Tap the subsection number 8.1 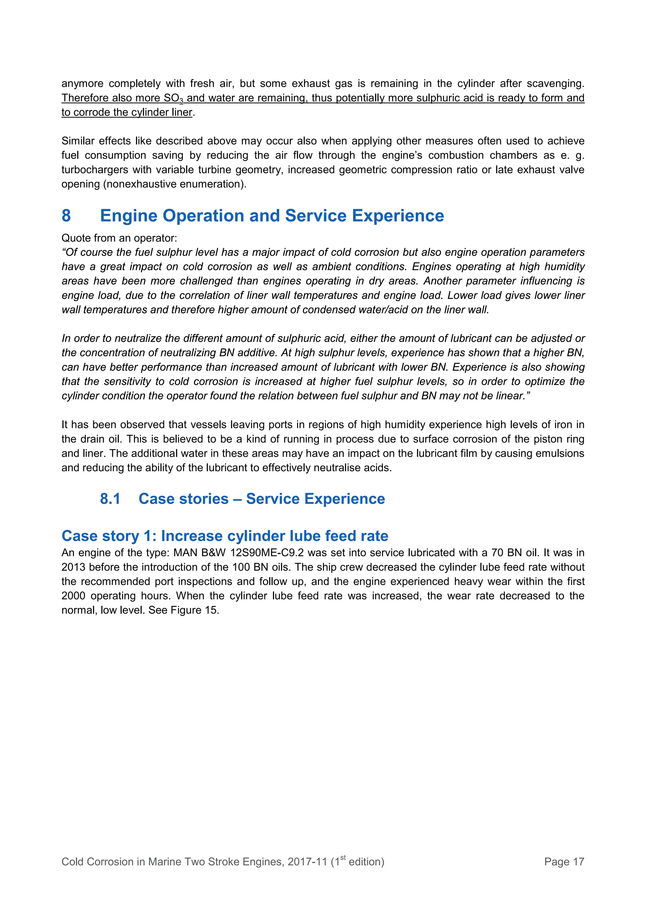(110, 499)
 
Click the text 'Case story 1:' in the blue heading (109, 536)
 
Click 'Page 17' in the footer (564, 862)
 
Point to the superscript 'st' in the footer (343, 858)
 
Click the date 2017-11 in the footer (307, 862)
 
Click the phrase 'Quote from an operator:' (119, 238)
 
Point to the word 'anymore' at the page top (82, 84)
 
